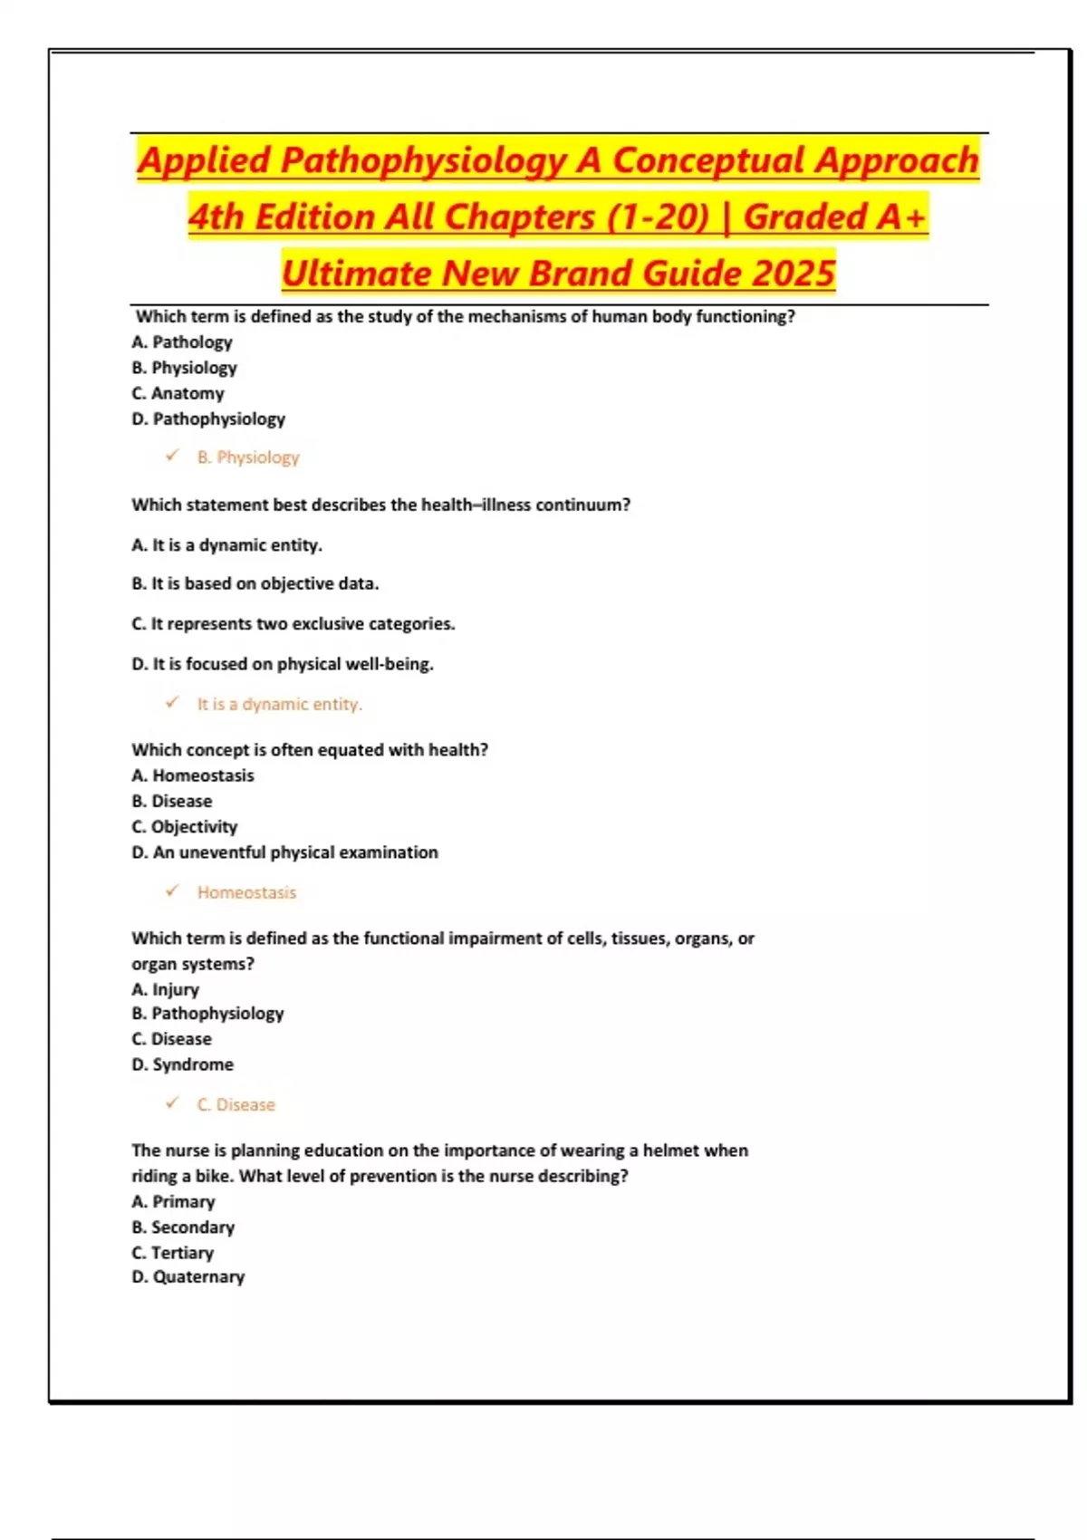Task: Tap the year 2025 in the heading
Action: tap(794, 274)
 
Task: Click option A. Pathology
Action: tap(182, 342)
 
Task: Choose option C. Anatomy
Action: tap(178, 393)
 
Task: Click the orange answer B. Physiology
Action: tap(248, 457)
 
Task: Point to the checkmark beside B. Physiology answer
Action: tap(172, 456)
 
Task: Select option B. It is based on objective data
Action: tap(255, 584)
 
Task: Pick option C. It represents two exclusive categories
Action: tap(293, 624)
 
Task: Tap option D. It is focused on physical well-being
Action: tap(283, 664)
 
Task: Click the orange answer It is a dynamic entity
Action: tap(279, 704)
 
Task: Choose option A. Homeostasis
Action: tap(193, 775)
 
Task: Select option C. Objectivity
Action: tap(185, 827)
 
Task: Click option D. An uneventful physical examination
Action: tap(284, 852)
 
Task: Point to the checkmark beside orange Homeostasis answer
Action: tap(172, 891)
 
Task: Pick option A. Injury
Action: tap(166, 989)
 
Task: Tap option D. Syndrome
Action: tap(183, 1064)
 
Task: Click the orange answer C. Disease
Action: tap(236, 1105)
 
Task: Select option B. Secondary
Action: tap(183, 1227)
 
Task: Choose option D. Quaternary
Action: tap(188, 1277)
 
